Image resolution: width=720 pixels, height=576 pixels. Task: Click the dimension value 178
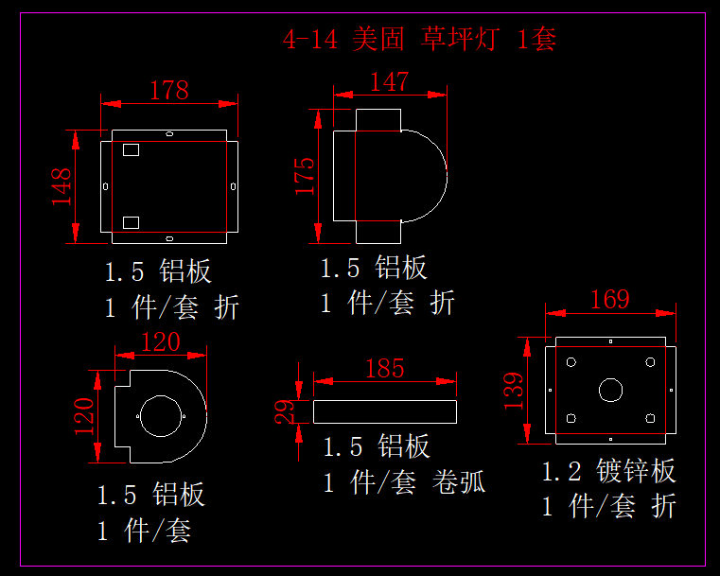tap(169, 91)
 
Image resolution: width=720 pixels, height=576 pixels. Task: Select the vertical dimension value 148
tap(61, 186)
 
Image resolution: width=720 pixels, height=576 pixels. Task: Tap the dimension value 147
tap(390, 82)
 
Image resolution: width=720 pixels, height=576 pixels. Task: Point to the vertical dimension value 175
tap(305, 176)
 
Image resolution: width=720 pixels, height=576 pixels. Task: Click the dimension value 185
tap(385, 369)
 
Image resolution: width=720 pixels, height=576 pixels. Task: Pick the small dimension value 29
tap(285, 411)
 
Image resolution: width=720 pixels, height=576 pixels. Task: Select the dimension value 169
tap(610, 300)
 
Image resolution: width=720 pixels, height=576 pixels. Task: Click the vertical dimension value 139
tap(514, 391)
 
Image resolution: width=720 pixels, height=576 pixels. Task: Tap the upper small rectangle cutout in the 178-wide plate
tap(131, 149)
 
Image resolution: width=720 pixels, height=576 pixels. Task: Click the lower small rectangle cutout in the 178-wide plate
tap(131, 222)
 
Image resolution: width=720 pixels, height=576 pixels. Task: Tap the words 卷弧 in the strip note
tap(459, 482)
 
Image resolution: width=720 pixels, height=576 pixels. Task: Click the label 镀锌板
tap(636, 471)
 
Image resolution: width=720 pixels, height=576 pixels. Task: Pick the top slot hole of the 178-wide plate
tap(169, 134)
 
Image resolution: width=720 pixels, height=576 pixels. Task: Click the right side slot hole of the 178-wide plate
tap(234, 186)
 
